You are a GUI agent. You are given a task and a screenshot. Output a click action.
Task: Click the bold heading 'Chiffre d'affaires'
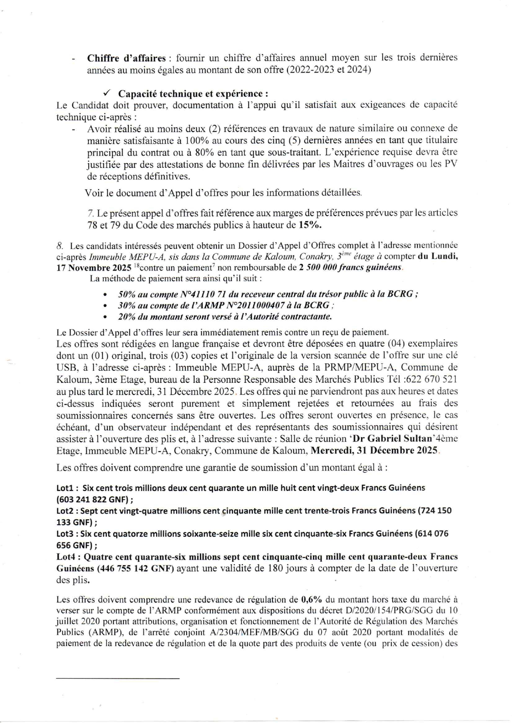[x=126, y=58]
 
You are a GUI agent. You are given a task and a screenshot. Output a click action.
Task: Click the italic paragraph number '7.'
[x=90, y=213]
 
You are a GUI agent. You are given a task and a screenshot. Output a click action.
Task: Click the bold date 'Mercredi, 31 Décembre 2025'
[x=374, y=450]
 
